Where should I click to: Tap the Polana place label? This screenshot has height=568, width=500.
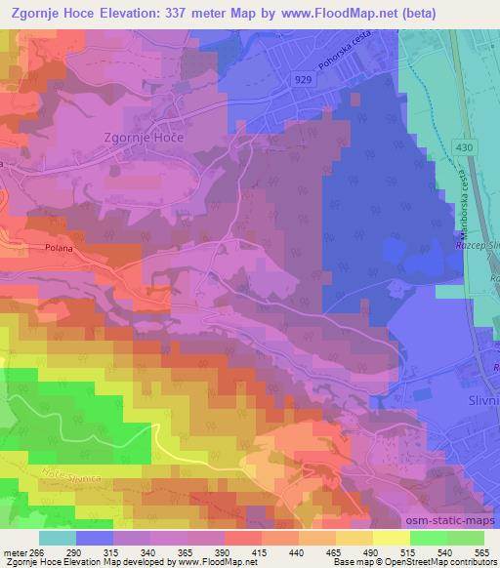click(61, 248)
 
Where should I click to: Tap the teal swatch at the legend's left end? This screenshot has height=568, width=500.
click(57, 538)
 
